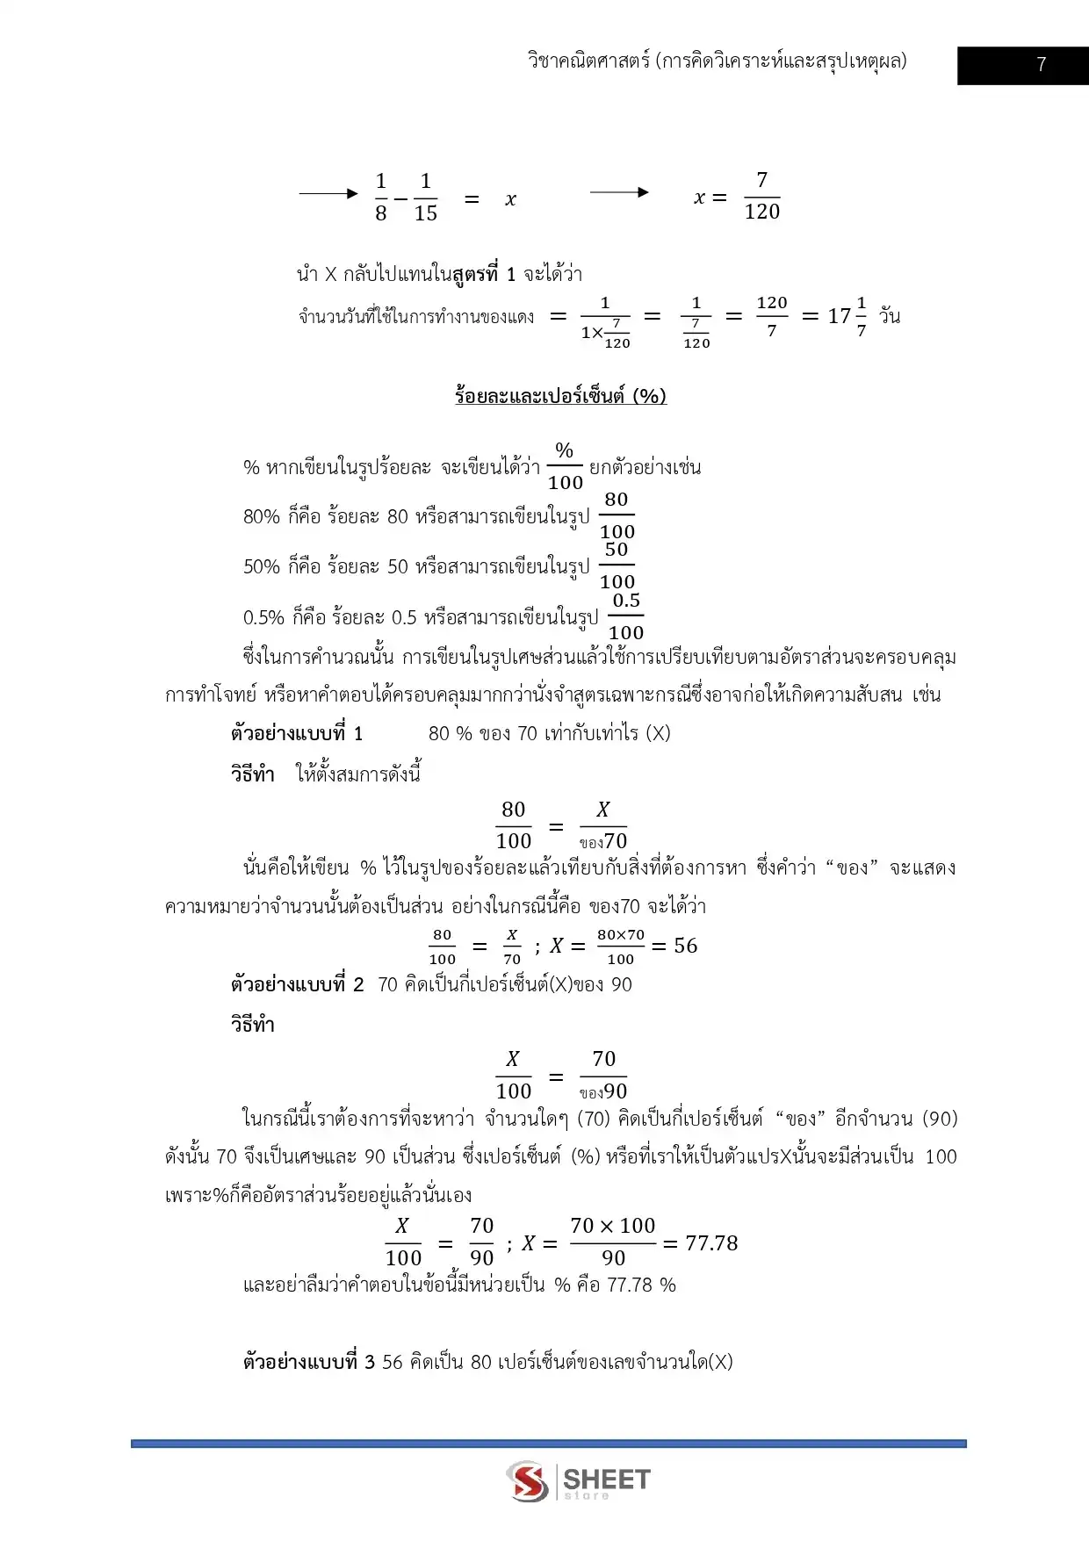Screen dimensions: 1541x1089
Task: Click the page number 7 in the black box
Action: coord(1041,65)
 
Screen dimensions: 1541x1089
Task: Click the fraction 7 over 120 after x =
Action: coord(761,197)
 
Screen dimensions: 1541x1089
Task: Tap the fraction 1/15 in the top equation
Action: coord(425,198)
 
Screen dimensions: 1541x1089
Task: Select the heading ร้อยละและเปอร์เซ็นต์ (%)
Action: coord(560,396)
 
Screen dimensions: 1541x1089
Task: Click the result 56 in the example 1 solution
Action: coord(686,946)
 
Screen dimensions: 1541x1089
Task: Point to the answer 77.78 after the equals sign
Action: coord(711,1243)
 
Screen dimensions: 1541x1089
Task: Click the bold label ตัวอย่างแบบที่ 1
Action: coord(297,733)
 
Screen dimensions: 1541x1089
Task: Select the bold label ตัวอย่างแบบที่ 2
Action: coord(297,984)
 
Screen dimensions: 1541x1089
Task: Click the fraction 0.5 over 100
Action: coord(626,616)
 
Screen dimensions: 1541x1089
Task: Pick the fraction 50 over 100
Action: coord(617,565)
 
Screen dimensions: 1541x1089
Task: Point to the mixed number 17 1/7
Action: coord(847,317)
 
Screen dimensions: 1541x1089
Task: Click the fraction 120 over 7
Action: coord(772,317)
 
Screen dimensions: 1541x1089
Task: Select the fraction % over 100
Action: coord(565,466)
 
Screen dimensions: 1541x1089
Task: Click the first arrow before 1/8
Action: coord(328,193)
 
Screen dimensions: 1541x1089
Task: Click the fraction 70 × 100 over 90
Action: coord(613,1242)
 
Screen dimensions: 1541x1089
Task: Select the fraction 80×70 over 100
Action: coord(621,947)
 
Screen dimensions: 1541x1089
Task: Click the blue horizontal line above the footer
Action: coord(548,1444)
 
